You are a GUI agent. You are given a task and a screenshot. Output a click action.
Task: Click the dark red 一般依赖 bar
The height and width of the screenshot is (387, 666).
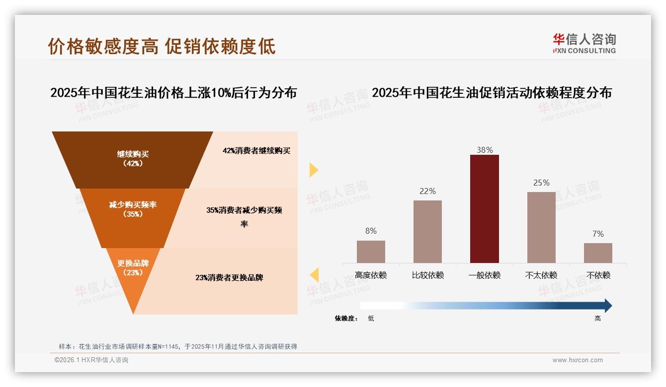pos(484,208)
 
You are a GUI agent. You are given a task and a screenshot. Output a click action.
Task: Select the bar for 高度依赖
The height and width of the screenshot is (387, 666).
pos(371,252)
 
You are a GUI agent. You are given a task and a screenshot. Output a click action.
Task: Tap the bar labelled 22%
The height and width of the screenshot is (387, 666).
pos(427,231)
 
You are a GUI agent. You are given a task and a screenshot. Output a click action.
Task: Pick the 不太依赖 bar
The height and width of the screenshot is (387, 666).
pos(541,227)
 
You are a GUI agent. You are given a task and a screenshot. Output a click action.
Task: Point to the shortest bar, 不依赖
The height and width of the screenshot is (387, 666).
pos(598,253)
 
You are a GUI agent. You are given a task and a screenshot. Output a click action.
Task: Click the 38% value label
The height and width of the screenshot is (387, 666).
pos(484,150)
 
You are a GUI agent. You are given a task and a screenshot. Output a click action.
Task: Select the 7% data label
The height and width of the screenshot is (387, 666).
pos(598,234)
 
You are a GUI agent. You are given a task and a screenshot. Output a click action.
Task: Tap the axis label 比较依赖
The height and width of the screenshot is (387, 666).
pos(427,275)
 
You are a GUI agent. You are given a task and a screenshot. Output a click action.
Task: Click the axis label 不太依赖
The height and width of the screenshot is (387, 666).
pos(541,275)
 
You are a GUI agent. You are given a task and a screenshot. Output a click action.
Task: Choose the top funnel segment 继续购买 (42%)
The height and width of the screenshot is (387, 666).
pos(133,159)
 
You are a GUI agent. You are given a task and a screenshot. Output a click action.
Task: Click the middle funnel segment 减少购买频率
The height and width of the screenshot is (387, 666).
pos(133,209)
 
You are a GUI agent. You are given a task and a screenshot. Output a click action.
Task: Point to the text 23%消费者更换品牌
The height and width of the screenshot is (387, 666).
pos(229,278)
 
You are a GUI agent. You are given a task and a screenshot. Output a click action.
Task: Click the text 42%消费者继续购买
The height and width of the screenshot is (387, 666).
pos(256,151)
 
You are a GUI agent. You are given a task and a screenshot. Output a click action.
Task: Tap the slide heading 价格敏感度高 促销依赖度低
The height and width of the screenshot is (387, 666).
pos(162,46)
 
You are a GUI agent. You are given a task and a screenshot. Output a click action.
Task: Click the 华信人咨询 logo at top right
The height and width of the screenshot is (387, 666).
pos(584,43)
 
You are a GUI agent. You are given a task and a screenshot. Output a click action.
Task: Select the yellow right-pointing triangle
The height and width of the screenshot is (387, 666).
pos(313,170)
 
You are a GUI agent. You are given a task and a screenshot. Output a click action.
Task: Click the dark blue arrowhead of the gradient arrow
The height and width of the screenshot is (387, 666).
pos(608,306)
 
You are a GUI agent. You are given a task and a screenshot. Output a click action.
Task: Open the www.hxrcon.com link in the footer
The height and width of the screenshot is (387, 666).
pos(578,360)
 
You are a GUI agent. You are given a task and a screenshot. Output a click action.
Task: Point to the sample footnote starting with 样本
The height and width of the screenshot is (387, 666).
pos(177,346)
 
